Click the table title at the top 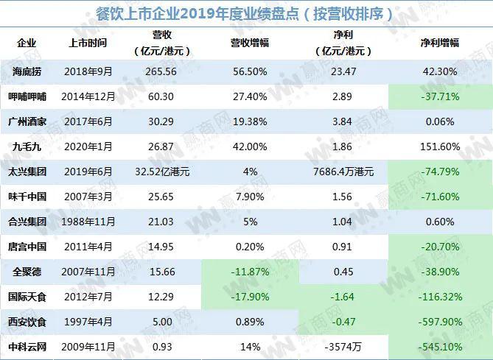[x=246, y=14]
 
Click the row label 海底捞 [x=27, y=71]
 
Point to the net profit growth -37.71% [x=440, y=96]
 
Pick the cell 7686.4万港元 [x=345, y=172]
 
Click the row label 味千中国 [x=27, y=197]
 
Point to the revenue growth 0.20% [x=245, y=247]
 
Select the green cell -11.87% [x=245, y=272]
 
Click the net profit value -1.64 [x=345, y=297]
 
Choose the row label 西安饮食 [x=27, y=322]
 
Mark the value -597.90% [x=440, y=322]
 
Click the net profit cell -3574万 [x=345, y=347]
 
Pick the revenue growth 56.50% [x=245, y=71]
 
